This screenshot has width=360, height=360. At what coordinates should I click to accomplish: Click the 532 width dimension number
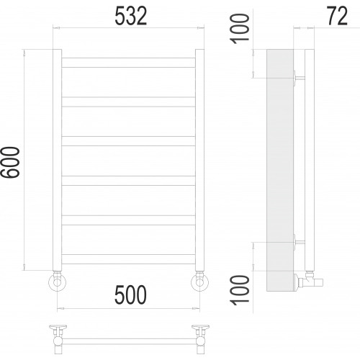pos(131,16)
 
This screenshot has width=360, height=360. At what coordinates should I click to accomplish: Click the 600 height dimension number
pos(10,163)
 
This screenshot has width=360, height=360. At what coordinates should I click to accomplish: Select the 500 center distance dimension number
pos(130,294)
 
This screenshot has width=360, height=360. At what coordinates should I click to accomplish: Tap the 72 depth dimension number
pos(337,16)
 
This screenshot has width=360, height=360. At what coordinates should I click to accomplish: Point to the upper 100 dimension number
pos(239,29)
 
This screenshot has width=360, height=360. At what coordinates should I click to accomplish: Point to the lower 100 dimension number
pos(239,290)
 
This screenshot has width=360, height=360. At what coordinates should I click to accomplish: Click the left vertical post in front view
pos(57,160)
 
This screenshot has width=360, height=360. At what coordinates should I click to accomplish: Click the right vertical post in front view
pos(199,160)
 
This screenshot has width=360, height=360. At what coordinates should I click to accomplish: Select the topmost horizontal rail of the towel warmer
pos(128,63)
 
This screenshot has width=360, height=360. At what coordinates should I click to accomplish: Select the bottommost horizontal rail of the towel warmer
pos(128,259)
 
